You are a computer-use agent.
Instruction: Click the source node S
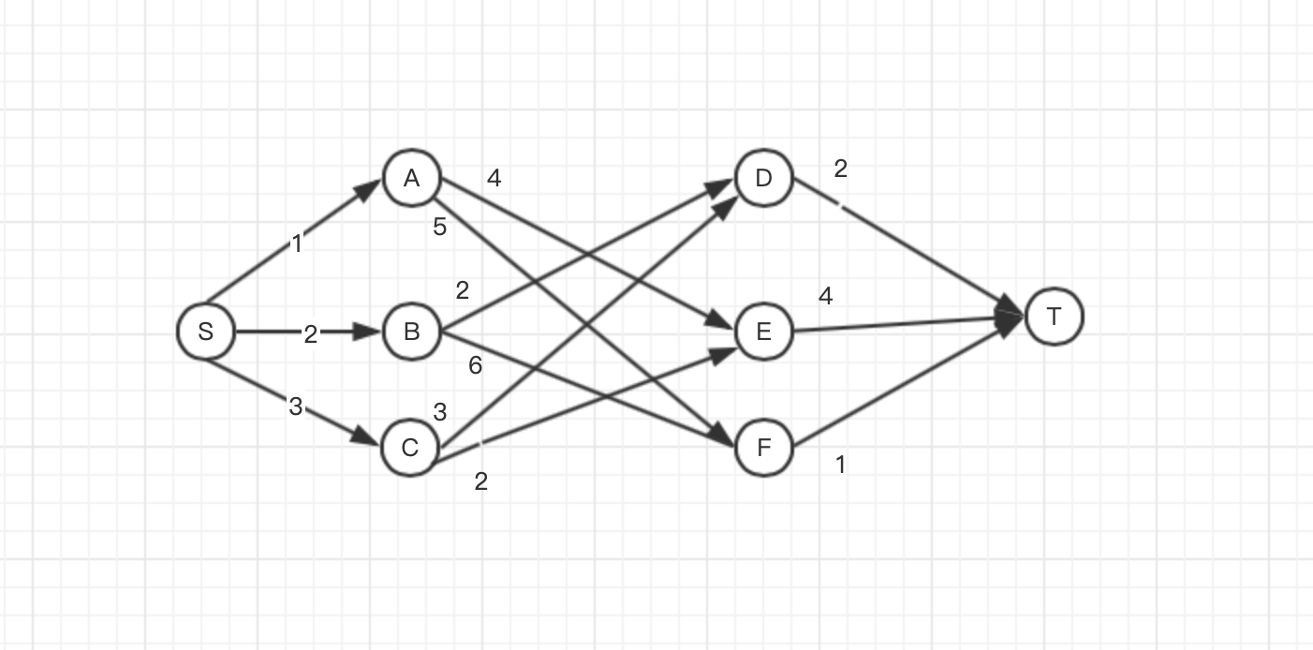pyautogui.click(x=205, y=331)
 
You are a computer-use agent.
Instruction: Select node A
pyautogui.click(x=411, y=178)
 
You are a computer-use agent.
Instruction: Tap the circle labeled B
pyautogui.click(x=411, y=331)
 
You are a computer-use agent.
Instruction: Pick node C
pyautogui.click(x=410, y=448)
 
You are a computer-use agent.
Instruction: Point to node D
pyautogui.click(x=763, y=177)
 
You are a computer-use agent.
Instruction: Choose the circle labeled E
pyautogui.click(x=763, y=331)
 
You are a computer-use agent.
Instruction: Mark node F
pyautogui.click(x=763, y=448)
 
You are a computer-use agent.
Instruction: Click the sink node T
pyautogui.click(x=1055, y=317)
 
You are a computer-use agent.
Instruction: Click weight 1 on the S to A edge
pyautogui.click(x=297, y=244)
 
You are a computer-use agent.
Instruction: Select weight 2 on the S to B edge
pyautogui.click(x=311, y=334)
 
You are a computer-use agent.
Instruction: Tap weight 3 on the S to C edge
pyautogui.click(x=296, y=406)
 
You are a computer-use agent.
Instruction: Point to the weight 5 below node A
pyautogui.click(x=439, y=227)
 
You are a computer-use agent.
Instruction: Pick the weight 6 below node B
pyautogui.click(x=475, y=365)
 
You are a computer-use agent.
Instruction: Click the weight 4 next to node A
pyautogui.click(x=494, y=178)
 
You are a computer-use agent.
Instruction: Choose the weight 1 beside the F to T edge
pyautogui.click(x=840, y=465)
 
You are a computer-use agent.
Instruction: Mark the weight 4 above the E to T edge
pyautogui.click(x=825, y=297)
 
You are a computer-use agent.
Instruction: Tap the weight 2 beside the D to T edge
pyautogui.click(x=840, y=170)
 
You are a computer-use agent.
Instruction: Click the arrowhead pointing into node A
pyautogui.click(x=369, y=190)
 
